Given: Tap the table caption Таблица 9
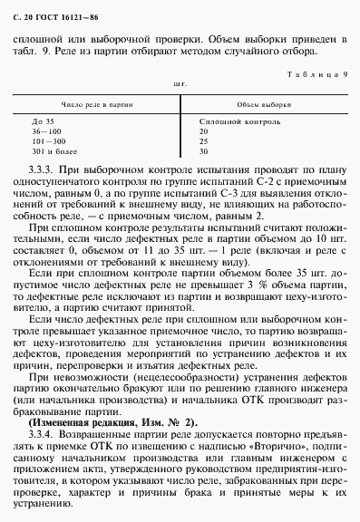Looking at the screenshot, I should coord(314,74).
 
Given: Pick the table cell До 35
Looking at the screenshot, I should coord(43,121).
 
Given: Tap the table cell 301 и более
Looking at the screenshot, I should coord(53,151).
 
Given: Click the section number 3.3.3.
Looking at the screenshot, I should coord(43,169).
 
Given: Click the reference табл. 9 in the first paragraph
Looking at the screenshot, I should coord(26,52).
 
